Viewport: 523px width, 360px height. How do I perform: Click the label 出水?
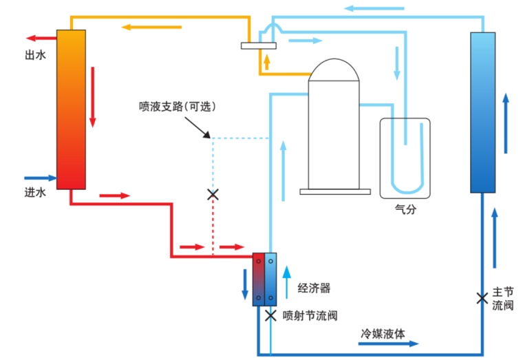(x=35, y=56)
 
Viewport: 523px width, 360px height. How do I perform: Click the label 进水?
(x=35, y=193)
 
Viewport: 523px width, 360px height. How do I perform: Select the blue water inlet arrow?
(x=40, y=177)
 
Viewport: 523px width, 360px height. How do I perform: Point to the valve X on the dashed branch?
(x=213, y=195)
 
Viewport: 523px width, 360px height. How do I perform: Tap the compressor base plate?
(x=335, y=191)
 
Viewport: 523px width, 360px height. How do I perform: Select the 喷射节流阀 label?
(x=310, y=316)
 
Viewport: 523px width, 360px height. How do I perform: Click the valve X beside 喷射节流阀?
(x=270, y=316)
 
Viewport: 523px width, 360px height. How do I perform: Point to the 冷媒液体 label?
(x=383, y=333)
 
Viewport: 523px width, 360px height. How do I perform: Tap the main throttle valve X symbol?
(x=482, y=299)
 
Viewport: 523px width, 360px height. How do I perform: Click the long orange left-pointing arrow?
(x=151, y=28)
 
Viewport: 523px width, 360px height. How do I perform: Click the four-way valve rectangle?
(x=259, y=46)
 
